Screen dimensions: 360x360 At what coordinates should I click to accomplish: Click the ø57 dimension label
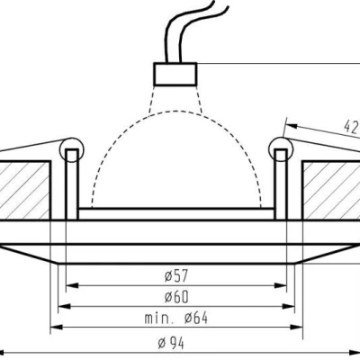(x=176, y=275)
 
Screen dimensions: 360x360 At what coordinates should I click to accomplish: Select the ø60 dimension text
(x=176, y=297)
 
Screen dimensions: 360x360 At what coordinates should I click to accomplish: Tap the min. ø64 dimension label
(x=176, y=318)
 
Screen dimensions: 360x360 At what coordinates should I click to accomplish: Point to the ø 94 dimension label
(x=171, y=343)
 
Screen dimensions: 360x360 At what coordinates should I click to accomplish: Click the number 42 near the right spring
(x=351, y=127)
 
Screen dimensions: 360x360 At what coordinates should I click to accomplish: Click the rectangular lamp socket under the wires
(x=175, y=74)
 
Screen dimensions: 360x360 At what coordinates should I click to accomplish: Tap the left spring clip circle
(x=72, y=150)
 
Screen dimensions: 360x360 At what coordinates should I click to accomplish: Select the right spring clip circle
(x=281, y=149)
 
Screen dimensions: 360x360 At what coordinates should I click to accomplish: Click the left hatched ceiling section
(x=25, y=191)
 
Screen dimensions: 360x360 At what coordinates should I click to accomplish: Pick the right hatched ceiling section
(x=331, y=191)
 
